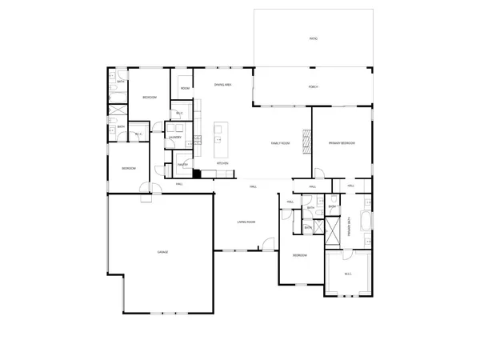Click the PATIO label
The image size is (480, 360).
pyautogui.click(x=313, y=38)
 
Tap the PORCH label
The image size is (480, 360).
pyautogui.click(x=313, y=86)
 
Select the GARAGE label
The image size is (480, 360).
pyautogui.click(x=162, y=252)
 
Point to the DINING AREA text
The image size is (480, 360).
pyautogui.click(x=223, y=84)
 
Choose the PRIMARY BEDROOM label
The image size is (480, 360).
pyautogui.click(x=342, y=143)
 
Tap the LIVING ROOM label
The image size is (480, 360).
pyautogui.click(x=246, y=222)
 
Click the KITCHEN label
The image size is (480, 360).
pyautogui.click(x=222, y=163)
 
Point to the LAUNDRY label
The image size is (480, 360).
pyautogui.click(x=175, y=138)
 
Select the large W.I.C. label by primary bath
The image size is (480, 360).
pyautogui.click(x=348, y=274)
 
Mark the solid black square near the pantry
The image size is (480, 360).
pyautogui.click(x=197, y=172)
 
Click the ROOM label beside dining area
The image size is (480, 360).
pyautogui.click(x=185, y=88)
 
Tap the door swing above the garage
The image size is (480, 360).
pyautogui.click(x=146, y=188)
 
